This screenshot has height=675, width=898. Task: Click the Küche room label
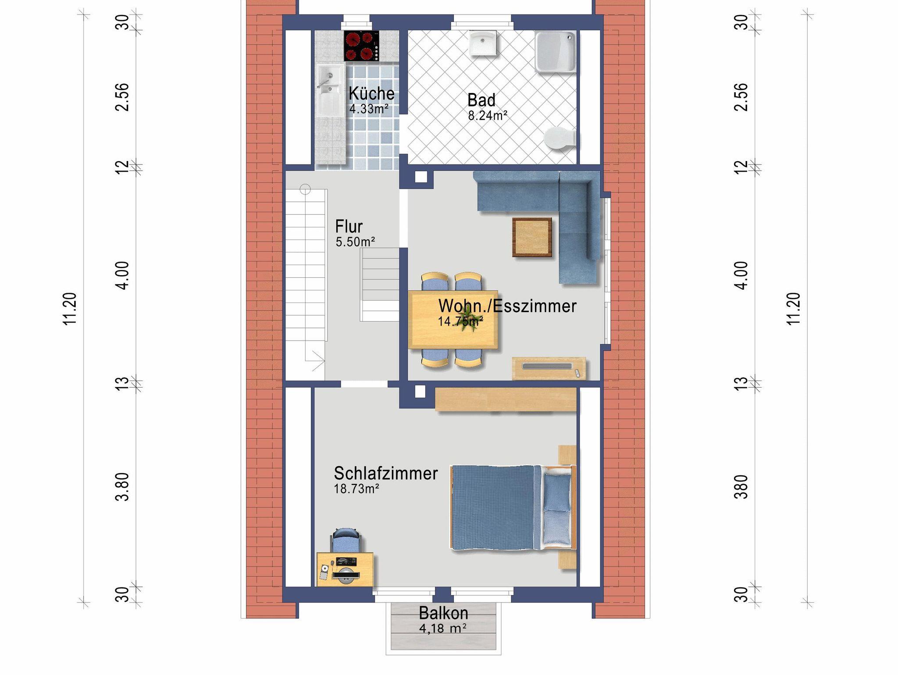[x=371, y=93]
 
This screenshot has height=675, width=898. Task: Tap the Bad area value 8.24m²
[x=488, y=115]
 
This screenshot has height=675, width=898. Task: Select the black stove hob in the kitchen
[x=362, y=46]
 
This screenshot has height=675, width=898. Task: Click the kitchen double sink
[x=330, y=90]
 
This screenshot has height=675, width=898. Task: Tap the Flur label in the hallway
[x=349, y=226]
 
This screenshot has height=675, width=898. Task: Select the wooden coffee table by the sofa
[x=532, y=237]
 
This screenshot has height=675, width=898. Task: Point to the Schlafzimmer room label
[x=386, y=474]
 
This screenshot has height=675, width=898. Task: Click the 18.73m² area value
[x=356, y=489]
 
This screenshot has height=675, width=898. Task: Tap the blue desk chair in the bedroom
[x=346, y=540]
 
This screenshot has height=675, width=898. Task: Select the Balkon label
[x=443, y=613]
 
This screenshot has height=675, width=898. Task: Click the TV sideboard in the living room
[x=549, y=368]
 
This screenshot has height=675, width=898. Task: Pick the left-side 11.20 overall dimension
[x=70, y=309]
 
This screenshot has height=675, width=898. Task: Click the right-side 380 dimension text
[x=741, y=487]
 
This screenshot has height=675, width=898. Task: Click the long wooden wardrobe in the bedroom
[x=506, y=399]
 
